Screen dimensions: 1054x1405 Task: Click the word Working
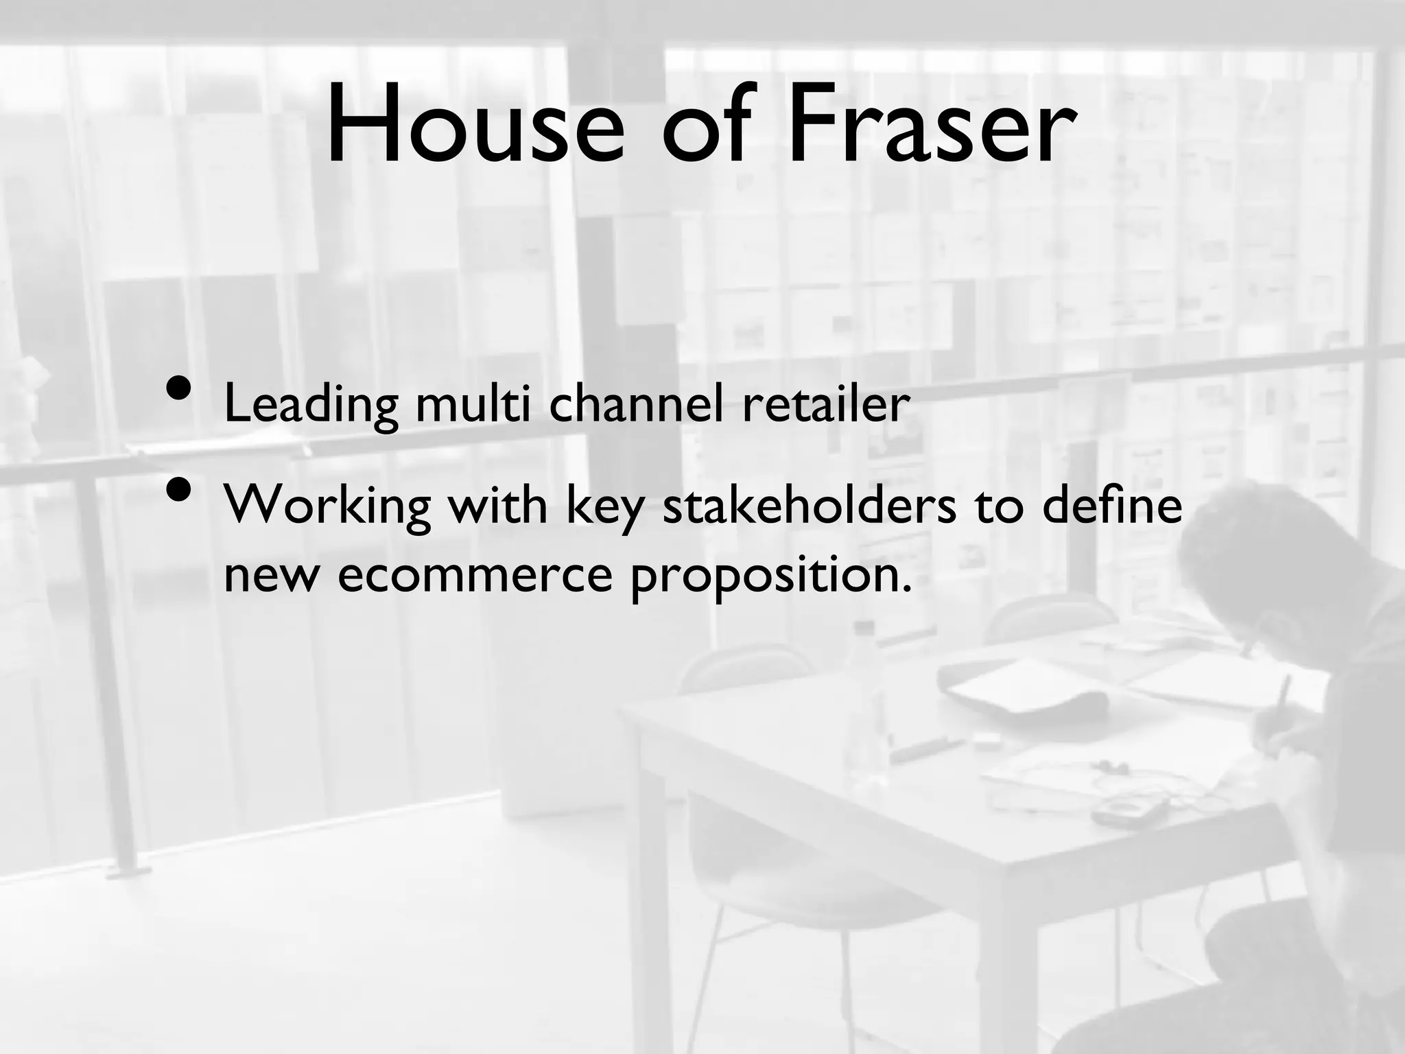tap(328, 508)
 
